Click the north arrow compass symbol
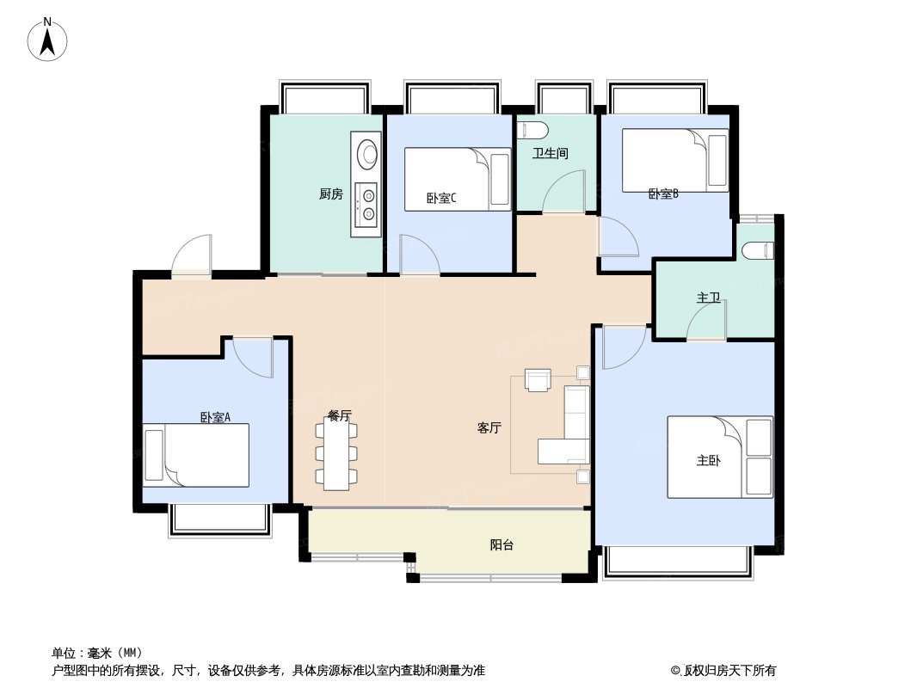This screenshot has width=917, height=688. [x=47, y=40]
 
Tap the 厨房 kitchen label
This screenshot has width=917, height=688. [x=331, y=194]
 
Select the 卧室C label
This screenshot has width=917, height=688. [x=441, y=199]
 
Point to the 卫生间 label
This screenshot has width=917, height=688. [x=550, y=153]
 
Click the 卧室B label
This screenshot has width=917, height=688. [x=664, y=193]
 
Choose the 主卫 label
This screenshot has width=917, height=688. [x=708, y=298]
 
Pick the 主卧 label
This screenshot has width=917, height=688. [x=708, y=461]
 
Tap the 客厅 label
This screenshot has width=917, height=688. [x=489, y=428]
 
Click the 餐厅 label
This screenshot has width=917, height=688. [x=339, y=415]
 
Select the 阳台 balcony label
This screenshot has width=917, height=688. [x=502, y=544]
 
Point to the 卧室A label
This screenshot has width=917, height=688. [x=216, y=417]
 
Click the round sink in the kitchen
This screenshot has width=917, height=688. [x=366, y=152]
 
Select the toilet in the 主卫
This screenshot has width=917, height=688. [x=759, y=251]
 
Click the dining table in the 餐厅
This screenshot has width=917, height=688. [x=336, y=454]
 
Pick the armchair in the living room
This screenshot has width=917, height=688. [x=538, y=380]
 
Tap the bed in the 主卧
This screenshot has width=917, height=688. [x=720, y=458]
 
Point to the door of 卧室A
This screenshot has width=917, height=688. [x=253, y=358]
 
